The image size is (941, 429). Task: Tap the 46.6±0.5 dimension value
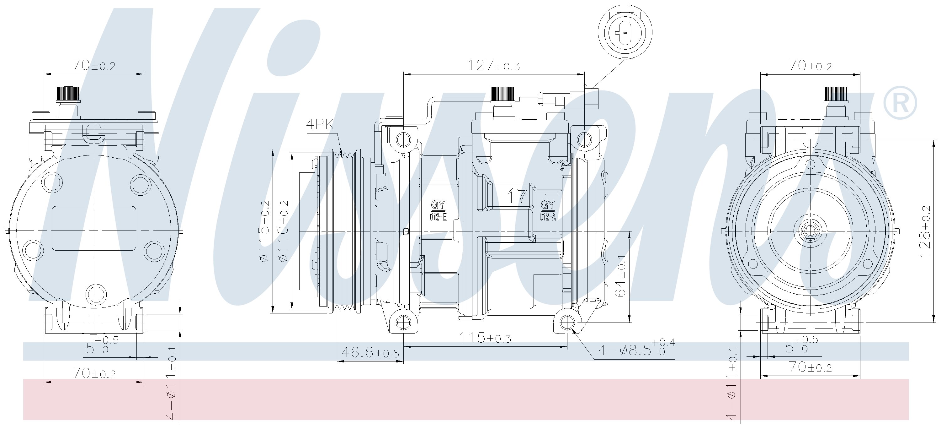coord(370,353)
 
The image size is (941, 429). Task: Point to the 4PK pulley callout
coord(320,124)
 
